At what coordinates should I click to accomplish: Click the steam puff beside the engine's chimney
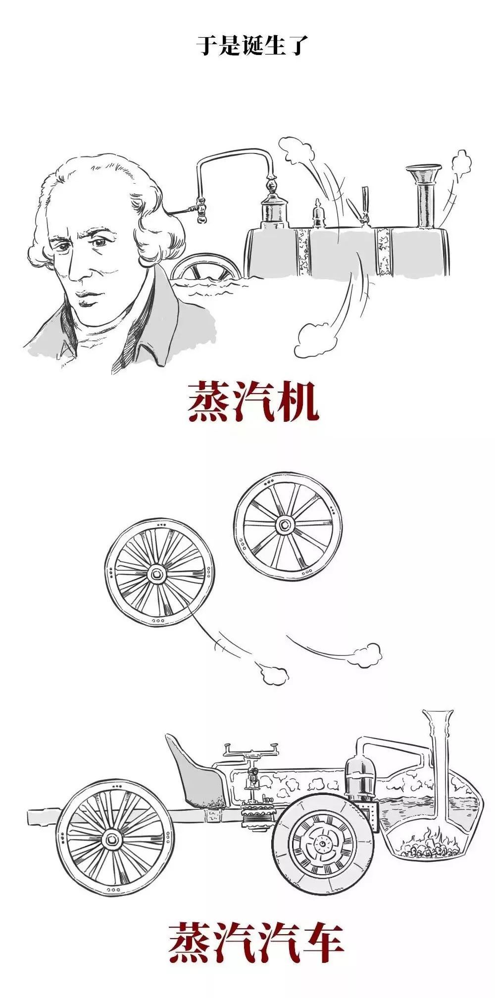tap(460, 164)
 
